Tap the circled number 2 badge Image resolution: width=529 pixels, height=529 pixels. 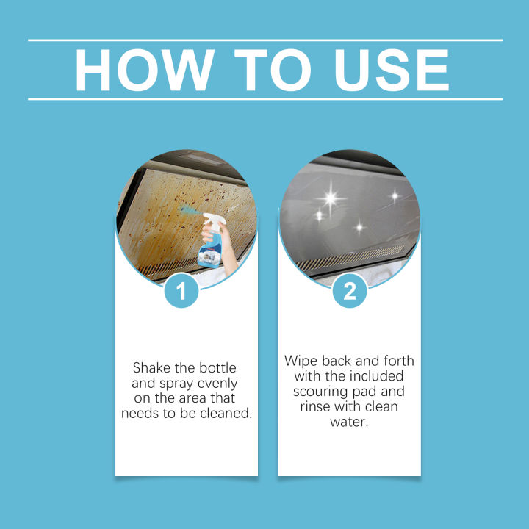point(350,292)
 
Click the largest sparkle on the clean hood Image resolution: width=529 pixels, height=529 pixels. point(329,198)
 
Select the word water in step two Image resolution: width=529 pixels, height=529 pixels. point(350,422)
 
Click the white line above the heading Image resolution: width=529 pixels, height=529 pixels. point(264,40)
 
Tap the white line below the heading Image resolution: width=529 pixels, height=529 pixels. point(264,99)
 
